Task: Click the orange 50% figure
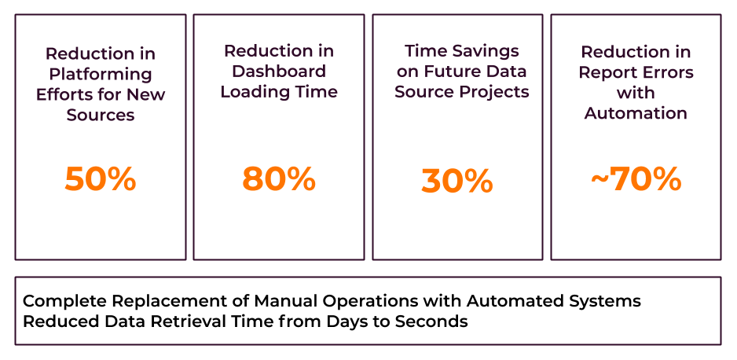tap(101, 179)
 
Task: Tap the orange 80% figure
tap(279, 179)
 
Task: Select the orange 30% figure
tap(457, 182)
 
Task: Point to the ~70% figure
tap(636, 179)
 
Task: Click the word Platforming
tap(101, 74)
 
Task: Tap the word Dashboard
tap(279, 71)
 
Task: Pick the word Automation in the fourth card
tap(636, 113)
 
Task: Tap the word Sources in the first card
tap(101, 115)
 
